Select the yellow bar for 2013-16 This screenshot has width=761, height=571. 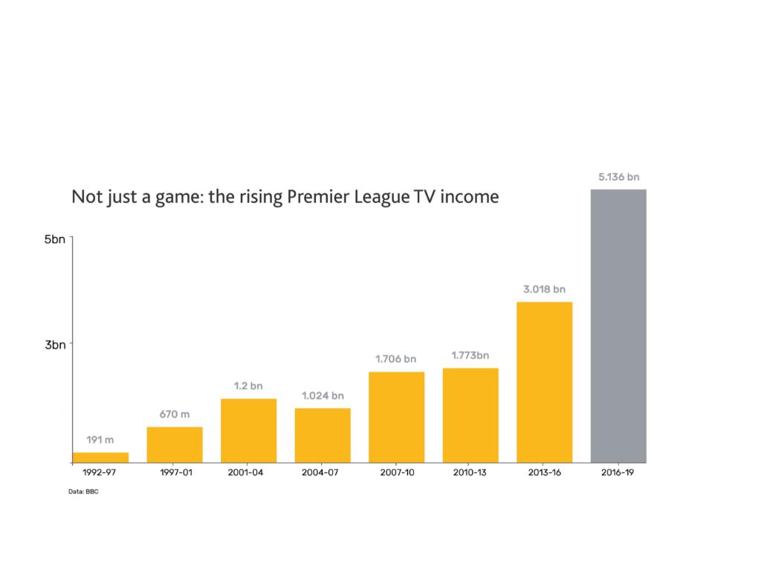click(544, 382)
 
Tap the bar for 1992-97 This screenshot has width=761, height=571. click(100, 457)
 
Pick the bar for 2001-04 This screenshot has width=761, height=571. click(248, 430)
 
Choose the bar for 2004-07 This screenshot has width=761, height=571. click(323, 435)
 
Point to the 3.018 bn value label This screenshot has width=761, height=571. click(544, 288)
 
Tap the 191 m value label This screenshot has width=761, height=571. click(100, 440)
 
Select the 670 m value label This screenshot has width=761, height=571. click(174, 413)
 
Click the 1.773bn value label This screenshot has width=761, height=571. click(470, 355)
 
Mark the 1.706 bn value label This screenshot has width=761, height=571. click(396, 359)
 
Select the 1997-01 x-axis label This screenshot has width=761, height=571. click(175, 473)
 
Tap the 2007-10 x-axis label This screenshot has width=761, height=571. click(396, 473)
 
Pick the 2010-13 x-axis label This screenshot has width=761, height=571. click(470, 473)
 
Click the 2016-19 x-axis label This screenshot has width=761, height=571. click(618, 473)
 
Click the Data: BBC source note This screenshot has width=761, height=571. click(83, 491)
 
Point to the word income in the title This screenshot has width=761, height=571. click(468, 198)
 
